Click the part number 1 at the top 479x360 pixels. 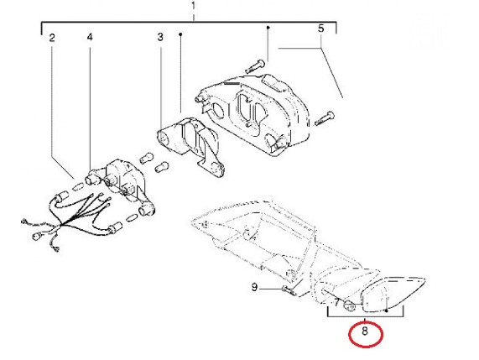[193, 6]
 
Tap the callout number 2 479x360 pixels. [52, 38]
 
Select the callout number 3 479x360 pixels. [160, 37]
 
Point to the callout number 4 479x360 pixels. [90, 37]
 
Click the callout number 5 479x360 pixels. [320, 29]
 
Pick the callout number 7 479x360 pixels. [336, 303]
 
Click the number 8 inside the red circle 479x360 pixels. [365, 331]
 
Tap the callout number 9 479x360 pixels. [254, 288]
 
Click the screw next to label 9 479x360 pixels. [289, 290]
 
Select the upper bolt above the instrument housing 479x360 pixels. [255, 66]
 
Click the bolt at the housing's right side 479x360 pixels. [324, 118]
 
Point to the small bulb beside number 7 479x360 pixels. [350, 305]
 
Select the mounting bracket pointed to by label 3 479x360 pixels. [192, 147]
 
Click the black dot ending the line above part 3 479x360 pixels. [180, 34]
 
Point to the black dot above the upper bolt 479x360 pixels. [268, 28]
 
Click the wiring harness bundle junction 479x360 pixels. [63, 226]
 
